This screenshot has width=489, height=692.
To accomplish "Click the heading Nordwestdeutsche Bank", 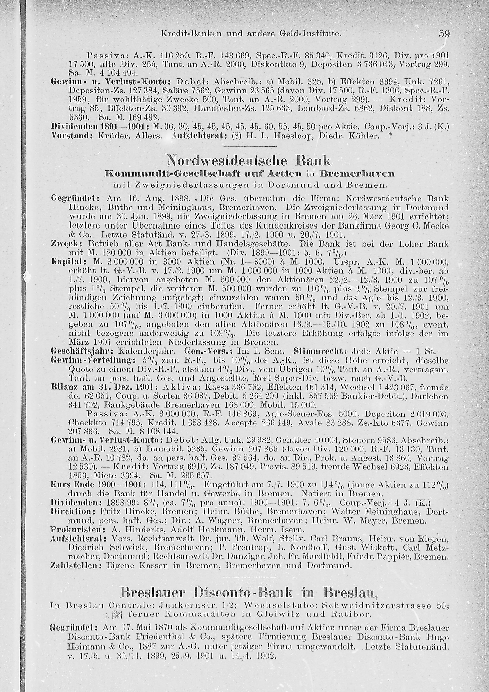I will [x=249, y=160].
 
